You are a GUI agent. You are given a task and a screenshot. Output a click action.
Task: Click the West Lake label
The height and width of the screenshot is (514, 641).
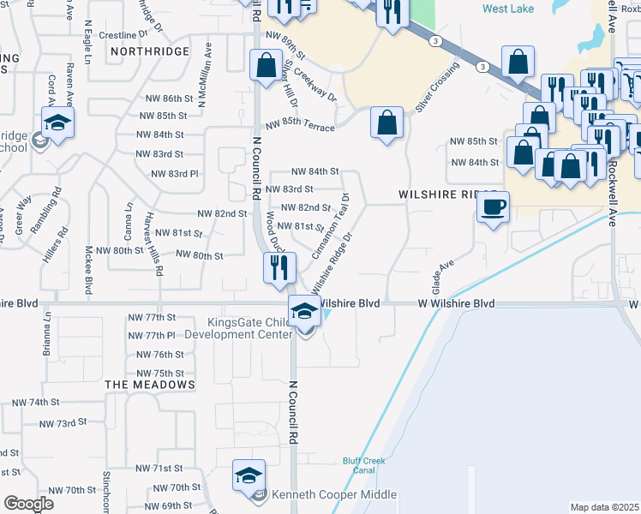507,9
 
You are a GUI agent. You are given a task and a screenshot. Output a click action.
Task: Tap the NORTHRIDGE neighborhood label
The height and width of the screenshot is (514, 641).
149,51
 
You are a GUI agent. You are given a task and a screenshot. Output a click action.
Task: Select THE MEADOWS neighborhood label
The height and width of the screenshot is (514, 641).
150,385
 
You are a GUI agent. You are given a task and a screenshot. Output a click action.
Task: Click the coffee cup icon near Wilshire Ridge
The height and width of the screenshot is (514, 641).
493,207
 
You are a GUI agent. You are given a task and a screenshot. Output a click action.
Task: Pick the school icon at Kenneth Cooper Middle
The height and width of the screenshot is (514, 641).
249,475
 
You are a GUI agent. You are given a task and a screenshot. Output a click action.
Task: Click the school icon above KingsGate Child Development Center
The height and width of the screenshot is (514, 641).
303,311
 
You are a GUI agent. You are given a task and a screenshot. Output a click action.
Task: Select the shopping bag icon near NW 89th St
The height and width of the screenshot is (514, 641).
266,64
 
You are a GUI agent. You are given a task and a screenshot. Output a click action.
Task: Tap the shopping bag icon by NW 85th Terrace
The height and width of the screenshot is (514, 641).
386,122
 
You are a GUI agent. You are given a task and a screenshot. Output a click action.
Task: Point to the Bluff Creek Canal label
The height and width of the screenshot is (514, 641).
363,465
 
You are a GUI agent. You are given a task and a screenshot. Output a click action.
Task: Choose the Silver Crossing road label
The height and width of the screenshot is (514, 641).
434,87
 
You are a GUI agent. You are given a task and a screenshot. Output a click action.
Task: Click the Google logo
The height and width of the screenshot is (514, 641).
28,504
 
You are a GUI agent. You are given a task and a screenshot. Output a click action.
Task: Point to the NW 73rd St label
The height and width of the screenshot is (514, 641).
65,423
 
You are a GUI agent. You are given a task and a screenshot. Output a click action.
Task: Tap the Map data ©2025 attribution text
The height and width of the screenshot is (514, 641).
604,507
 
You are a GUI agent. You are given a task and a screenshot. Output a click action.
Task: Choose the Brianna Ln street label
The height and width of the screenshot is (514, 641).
48,335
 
